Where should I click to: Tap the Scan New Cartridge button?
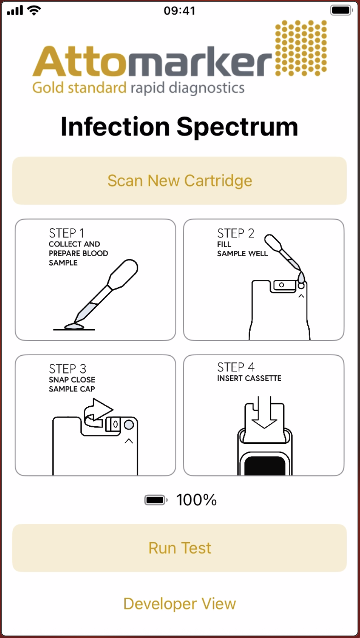pyautogui.click(x=180, y=181)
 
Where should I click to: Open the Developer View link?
pyautogui.click(x=180, y=603)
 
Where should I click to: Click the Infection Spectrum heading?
pyautogui.click(x=180, y=127)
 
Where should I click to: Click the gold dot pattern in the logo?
pyautogui.click(x=301, y=48)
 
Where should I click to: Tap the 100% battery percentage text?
pyautogui.click(x=196, y=500)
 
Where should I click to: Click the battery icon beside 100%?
pyautogui.click(x=156, y=500)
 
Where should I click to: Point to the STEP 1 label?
pyautogui.click(x=67, y=233)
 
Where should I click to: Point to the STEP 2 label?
pyautogui.click(x=236, y=233)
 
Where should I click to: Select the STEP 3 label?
pyautogui.click(x=67, y=369)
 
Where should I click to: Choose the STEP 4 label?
pyautogui.click(x=236, y=367)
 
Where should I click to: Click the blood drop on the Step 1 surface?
pyautogui.click(x=74, y=327)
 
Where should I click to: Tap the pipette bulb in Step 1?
pyautogui.click(x=124, y=273)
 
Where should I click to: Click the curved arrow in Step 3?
pyautogui.click(x=97, y=413)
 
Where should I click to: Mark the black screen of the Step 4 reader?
pyautogui.click(x=265, y=466)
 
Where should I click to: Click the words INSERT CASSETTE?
pyautogui.click(x=249, y=378)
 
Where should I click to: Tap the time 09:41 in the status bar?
pyautogui.click(x=180, y=11)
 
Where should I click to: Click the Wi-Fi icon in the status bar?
pyautogui.click(x=34, y=11)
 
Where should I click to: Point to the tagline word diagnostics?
pyautogui.click(x=207, y=88)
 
